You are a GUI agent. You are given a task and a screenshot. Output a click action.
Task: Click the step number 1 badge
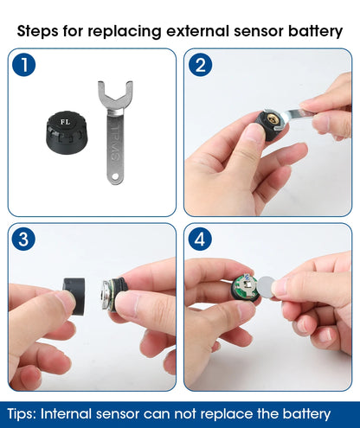click(24, 65)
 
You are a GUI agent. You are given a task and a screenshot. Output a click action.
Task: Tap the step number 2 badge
click(200, 65)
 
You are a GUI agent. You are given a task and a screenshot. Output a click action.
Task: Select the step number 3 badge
click(23, 239)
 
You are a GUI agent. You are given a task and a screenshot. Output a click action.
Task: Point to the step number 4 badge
click(200, 239)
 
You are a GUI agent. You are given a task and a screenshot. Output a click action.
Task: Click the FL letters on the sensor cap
click(65, 122)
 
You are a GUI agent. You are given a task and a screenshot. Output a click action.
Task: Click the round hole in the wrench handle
click(115, 176)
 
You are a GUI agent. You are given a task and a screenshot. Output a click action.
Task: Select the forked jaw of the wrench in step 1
click(115, 95)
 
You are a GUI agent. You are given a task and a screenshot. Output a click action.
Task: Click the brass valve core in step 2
click(272, 118)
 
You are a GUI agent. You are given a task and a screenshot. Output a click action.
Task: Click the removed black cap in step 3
click(74, 296)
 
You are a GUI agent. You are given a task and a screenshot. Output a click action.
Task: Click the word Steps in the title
click(37, 31)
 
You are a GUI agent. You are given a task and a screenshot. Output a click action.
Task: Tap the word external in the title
click(198, 30)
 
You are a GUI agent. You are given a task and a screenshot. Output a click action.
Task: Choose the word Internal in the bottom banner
click(66, 413)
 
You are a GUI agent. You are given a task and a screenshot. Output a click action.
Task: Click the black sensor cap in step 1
click(67, 132)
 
